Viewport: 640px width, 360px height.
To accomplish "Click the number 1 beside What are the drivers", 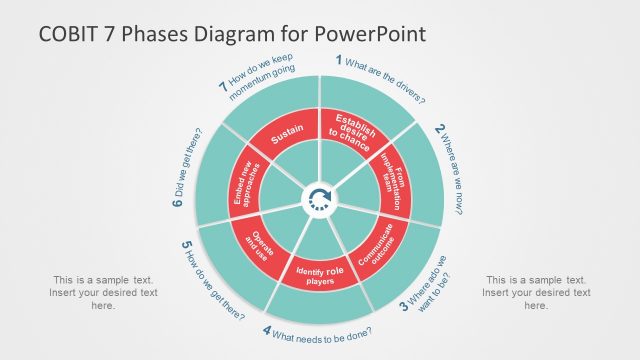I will (x=339, y=60).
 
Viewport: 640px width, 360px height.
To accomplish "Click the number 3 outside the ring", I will (x=404, y=308).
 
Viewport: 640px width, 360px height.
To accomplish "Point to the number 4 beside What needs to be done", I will (x=267, y=330).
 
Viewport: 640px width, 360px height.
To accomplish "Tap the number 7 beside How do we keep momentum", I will (x=222, y=86).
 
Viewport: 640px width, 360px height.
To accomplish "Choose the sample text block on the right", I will (x=536, y=293).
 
